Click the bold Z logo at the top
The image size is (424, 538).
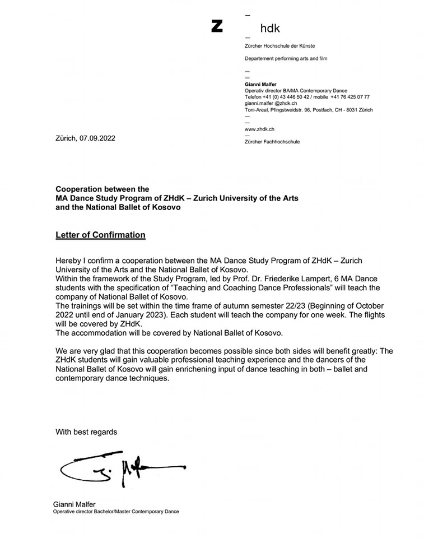[217, 26]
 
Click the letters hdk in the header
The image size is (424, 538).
[270, 28]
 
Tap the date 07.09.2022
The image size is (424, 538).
[97, 138]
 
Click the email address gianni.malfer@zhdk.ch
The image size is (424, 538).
[271, 104]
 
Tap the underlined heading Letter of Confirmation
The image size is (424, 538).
[100, 235]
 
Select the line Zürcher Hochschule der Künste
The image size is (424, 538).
[283, 45]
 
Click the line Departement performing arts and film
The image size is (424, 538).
[286, 58]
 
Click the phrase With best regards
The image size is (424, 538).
[86, 432]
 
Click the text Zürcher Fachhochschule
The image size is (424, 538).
[272, 142]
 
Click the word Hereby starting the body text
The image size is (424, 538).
[69, 262]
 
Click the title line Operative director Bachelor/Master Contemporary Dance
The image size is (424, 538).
[116, 512]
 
